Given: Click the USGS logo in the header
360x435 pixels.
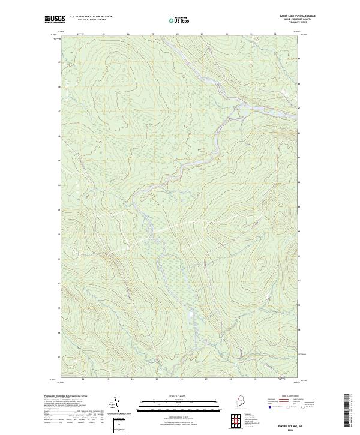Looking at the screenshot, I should (x=55, y=19).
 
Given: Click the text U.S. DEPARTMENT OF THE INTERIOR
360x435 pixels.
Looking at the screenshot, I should (x=91, y=16).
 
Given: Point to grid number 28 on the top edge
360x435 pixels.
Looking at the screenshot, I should (x=178, y=34).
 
